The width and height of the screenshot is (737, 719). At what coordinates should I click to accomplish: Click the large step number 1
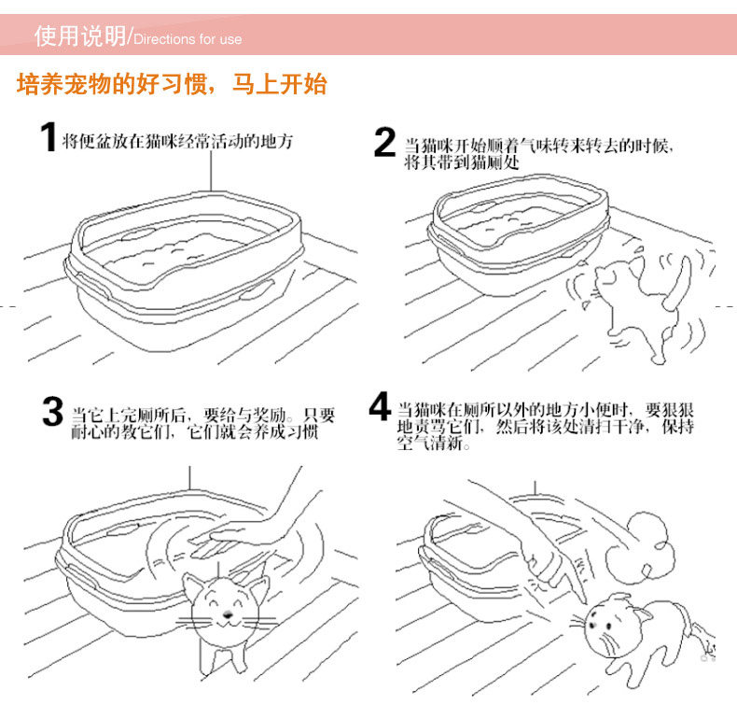click(x=49, y=137)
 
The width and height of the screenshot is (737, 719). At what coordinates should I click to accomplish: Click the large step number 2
click(x=385, y=142)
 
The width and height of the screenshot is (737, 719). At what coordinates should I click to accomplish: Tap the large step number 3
click(x=52, y=411)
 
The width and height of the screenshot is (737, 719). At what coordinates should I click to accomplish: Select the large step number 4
click(x=380, y=406)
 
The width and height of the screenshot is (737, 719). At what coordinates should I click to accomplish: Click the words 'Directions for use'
click(x=188, y=39)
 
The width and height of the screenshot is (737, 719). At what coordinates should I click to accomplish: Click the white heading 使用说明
click(x=80, y=35)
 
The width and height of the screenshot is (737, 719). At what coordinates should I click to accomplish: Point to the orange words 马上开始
click(x=279, y=85)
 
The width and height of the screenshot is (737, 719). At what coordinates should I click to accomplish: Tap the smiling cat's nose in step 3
click(x=228, y=614)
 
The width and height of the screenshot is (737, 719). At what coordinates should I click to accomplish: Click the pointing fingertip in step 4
click(x=583, y=599)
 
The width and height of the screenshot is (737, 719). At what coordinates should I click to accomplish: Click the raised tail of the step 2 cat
click(x=678, y=282)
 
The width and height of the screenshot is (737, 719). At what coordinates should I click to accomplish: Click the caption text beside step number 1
click(x=177, y=141)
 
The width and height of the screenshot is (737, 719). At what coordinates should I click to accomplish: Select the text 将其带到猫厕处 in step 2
click(x=462, y=162)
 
